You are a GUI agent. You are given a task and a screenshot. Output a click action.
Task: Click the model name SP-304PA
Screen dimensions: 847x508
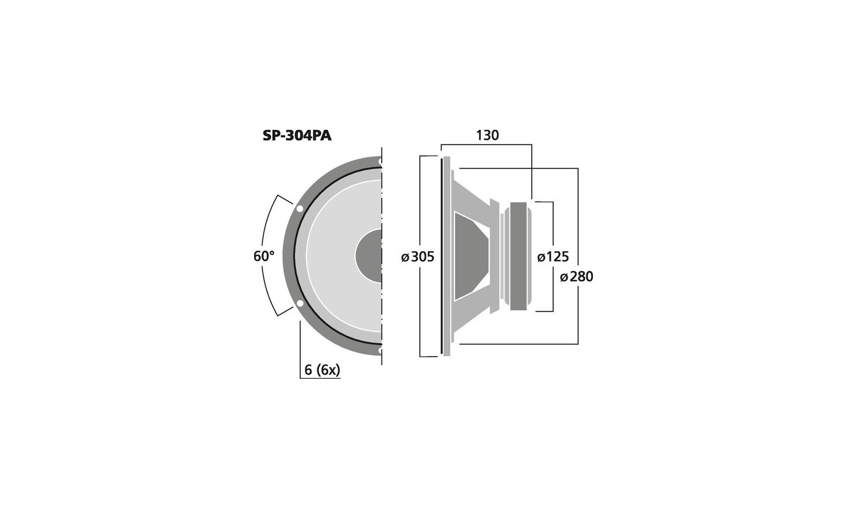(297, 136)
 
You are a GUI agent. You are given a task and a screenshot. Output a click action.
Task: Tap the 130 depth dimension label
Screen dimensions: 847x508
(487, 135)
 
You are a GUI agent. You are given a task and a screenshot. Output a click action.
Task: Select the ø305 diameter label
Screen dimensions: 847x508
(418, 257)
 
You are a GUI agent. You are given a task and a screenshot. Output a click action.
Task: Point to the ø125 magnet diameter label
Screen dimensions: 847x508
(553, 257)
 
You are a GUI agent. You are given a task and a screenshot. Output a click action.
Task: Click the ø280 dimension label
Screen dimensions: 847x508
(577, 277)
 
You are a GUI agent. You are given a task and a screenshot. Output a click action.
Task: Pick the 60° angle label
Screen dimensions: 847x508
(264, 256)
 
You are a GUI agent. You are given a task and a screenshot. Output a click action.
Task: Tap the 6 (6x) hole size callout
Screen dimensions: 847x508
(322, 370)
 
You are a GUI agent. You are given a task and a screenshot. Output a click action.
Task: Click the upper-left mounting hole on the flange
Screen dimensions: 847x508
(299, 209)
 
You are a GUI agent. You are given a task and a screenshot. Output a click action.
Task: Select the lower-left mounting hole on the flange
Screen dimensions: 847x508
(299, 304)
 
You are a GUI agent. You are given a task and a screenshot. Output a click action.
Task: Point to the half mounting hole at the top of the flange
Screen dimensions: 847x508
(380, 162)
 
